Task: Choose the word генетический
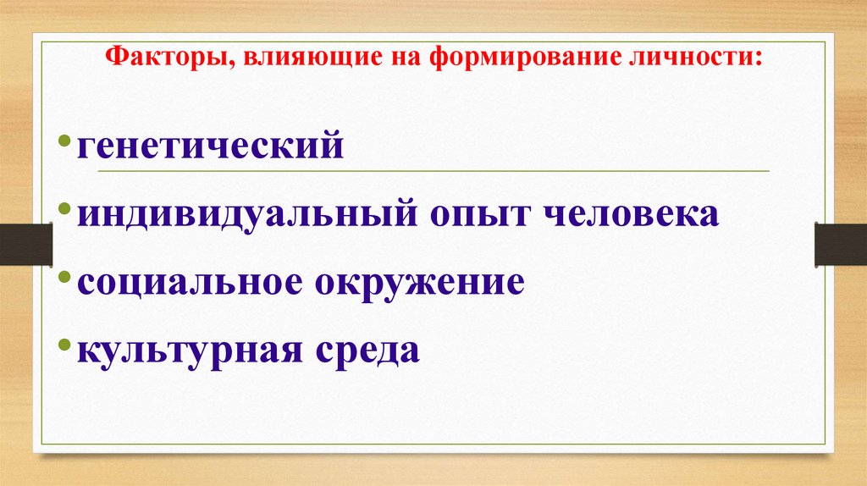[211, 146]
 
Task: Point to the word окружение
[420, 282]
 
